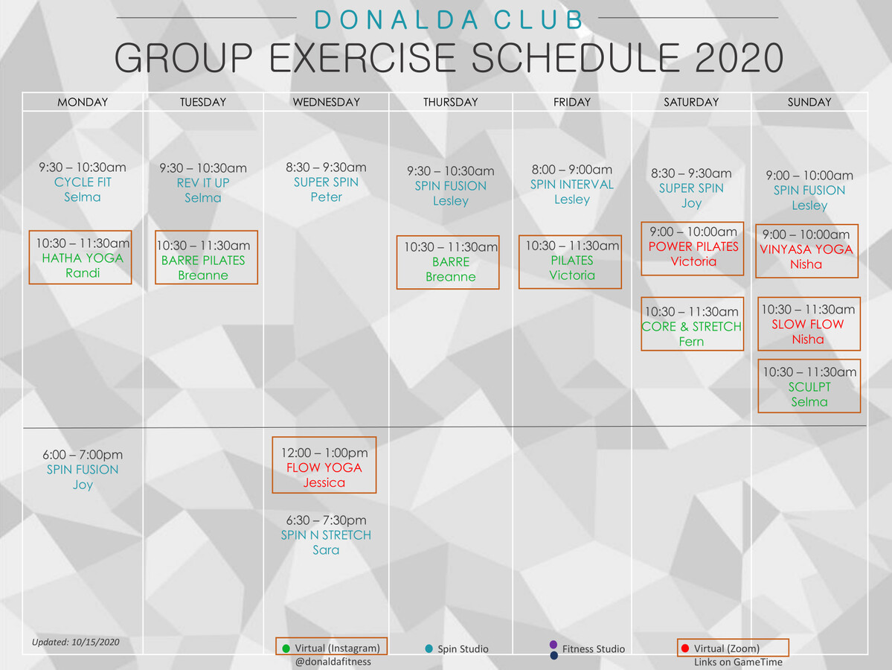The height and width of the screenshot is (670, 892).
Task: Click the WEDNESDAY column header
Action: (x=326, y=102)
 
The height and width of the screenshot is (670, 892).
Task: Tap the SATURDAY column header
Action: (x=691, y=102)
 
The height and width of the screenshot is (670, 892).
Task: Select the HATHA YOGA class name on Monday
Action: (x=83, y=258)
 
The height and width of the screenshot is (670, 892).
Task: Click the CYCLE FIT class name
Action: (x=83, y=182)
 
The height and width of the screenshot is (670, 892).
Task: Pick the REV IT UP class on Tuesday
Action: (x=203, y=183)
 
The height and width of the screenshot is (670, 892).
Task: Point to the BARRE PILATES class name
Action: (x=203, y=261)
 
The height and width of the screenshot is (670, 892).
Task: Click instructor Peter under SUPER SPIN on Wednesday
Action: (x=327, y=197)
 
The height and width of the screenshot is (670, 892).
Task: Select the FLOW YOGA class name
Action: (x=324, y=468)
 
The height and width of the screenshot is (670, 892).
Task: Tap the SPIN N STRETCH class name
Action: (x=326, y=535)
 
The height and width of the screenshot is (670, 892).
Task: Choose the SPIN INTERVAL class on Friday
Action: (x=572, y=185)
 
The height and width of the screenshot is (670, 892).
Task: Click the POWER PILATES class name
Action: (x=693, y=246)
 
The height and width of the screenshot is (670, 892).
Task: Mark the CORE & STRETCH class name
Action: (x=692, y=327)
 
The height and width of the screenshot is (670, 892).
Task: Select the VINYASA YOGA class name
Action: (x=806, y=249)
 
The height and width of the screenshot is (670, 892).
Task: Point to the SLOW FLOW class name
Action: (x=808, y=325)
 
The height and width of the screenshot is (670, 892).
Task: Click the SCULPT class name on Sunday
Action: (x=809, y=387)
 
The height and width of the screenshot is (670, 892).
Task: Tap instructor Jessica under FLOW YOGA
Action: (x=324, y=482)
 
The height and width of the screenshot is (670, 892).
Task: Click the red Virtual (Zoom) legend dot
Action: (x=684, y=648)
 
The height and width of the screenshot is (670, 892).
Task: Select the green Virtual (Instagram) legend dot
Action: (x=286, y=648)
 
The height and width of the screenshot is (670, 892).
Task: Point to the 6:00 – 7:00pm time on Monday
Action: (x=83, y=455)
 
